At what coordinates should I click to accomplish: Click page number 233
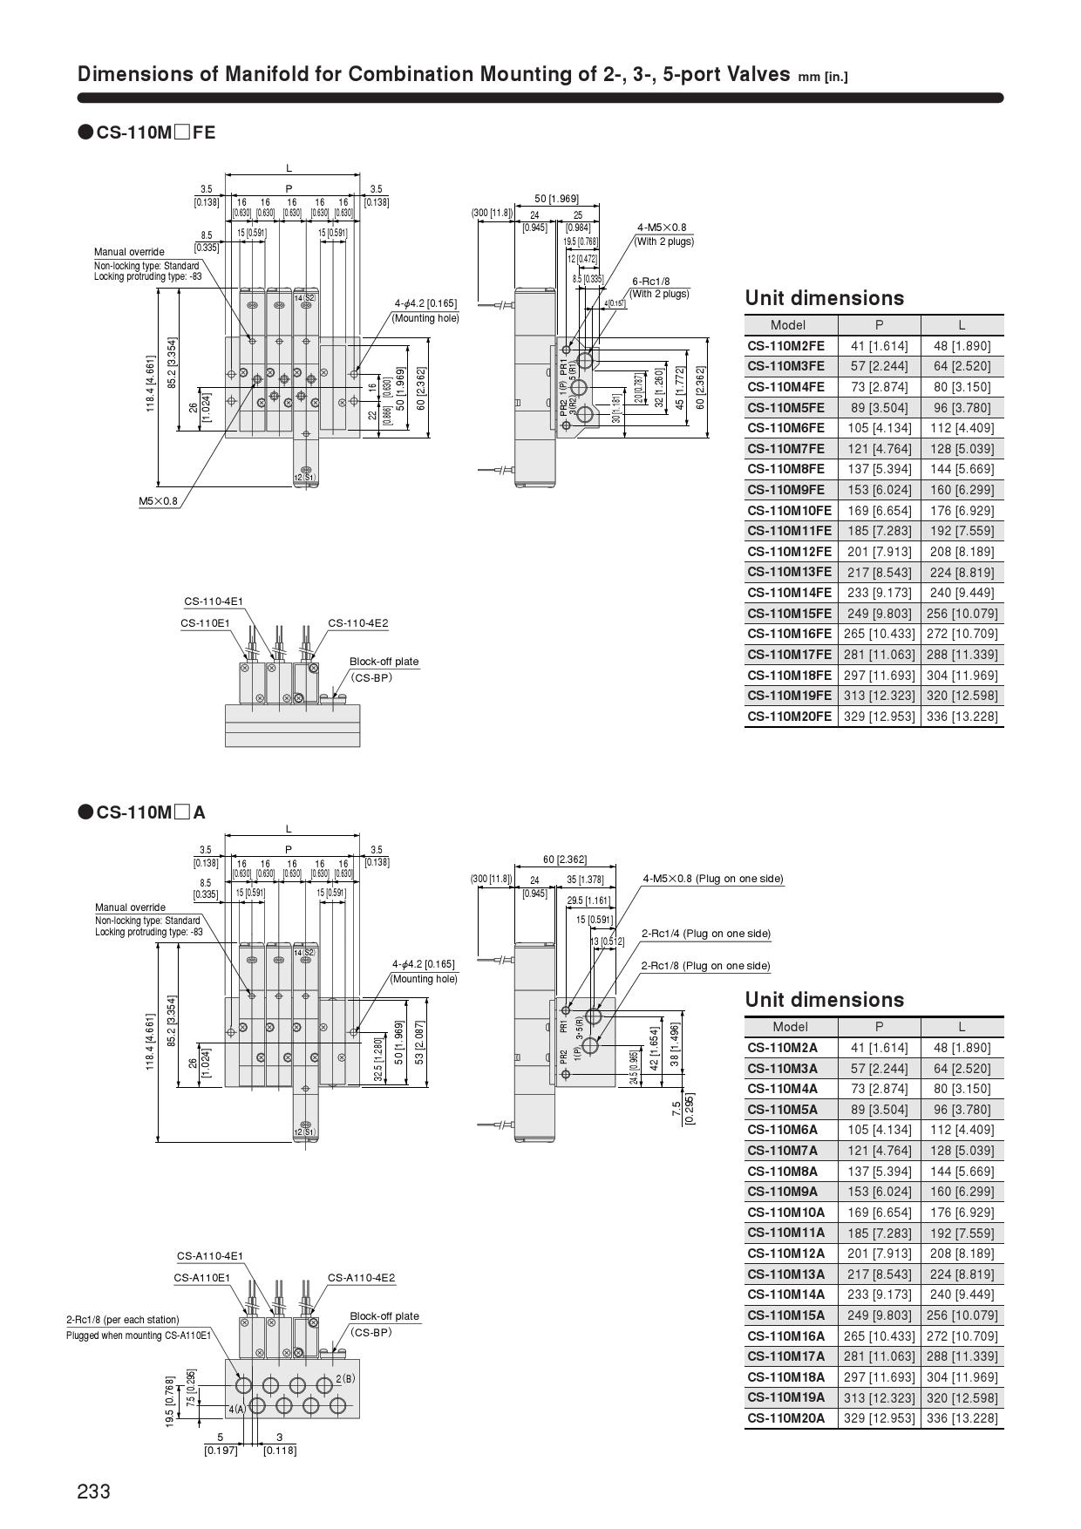(x=94, y=1492)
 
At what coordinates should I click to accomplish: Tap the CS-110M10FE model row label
(x=789, y=510)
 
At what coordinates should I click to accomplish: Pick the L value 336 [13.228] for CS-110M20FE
(x=962, y=717)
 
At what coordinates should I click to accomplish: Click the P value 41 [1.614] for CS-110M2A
(x=879, y=1048)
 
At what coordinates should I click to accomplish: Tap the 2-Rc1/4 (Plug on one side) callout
(x=706, y=934)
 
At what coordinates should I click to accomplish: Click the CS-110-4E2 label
(x=358, y=623)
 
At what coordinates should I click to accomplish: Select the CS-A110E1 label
(x=201, y=1278)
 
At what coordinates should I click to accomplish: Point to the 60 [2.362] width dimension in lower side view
(x=565, y=860)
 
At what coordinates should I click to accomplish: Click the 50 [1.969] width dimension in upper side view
(x=556, y=199)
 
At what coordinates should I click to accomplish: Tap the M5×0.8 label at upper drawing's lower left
(x=158, y=501)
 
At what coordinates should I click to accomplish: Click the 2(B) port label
(x=345, y=1378)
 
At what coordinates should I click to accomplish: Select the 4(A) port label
(x=237, y=1409)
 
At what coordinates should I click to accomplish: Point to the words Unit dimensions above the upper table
(x=824, y=298)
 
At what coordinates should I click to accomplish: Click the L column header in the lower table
(x=962, y=1026)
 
